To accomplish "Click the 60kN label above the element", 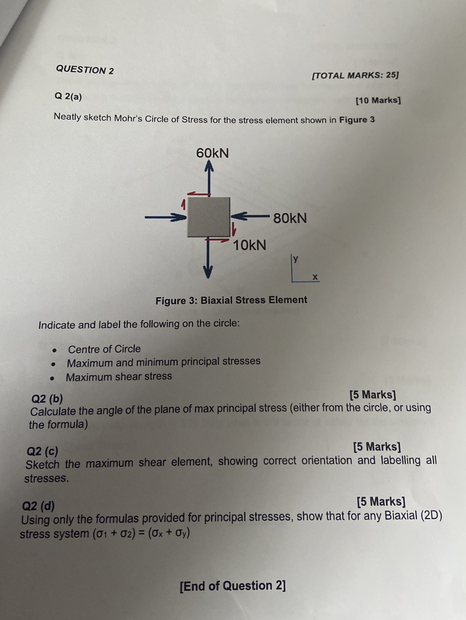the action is coord(212,153).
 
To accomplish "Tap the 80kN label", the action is coord(290,218).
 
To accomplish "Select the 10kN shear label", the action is coord(249,246).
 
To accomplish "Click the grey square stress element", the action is coord(209,217).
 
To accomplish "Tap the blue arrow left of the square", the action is coord(165,217).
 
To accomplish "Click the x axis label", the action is coord(315,277).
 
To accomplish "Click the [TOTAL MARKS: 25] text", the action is coord(355,75).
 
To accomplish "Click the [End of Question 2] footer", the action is coord(233,586).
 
